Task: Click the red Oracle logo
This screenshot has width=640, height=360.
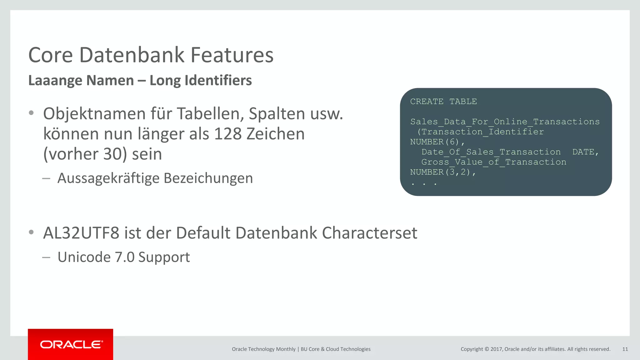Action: [x=71, y=344]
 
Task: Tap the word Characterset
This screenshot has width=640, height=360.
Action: [x=369, y=233]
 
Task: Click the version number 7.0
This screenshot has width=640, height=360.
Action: [x=125, y=257]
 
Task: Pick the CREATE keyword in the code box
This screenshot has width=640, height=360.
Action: [x=427, y=102]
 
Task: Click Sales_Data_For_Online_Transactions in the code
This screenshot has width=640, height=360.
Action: [x=505, y=122]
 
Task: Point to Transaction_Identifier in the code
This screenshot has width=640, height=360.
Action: [x=482, y=132]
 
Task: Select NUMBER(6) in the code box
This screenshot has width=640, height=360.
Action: [x=435, y=142]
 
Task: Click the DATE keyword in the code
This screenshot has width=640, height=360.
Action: [x=583, y=152]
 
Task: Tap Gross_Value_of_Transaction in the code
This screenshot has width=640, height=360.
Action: [x=494, y=162]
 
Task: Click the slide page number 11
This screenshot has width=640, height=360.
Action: [x=625, y=349]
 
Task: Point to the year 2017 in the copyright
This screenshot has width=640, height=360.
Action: [x=497, y=349]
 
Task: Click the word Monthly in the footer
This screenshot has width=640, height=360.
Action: [x=286, y=349]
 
